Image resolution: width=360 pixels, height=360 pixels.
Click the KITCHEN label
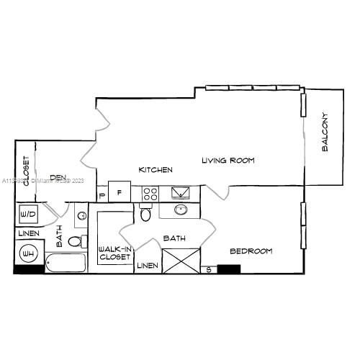point(156,170)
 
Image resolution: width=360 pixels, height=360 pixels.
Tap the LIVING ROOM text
point(228,160)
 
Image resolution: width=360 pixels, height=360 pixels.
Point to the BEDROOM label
point(251,251)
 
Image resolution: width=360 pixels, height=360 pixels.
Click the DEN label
point(58,178)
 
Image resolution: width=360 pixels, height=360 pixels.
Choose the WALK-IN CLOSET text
point(114,253)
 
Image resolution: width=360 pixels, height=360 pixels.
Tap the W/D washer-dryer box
point(29,214)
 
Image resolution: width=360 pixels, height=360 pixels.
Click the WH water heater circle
point(30,254)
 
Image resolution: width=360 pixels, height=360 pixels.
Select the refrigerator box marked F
point(120,193)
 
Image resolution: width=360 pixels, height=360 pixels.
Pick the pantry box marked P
point(102,194)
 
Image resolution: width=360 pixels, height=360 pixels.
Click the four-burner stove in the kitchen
point(150,192)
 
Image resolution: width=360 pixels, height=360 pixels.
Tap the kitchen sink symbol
point(180,192)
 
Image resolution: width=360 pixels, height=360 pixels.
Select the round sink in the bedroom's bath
point(180,210)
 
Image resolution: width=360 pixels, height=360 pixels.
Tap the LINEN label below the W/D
point(29,234)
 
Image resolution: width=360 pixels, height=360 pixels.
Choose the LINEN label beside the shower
point(147,266)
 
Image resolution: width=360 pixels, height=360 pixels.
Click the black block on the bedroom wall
point(228,269)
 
